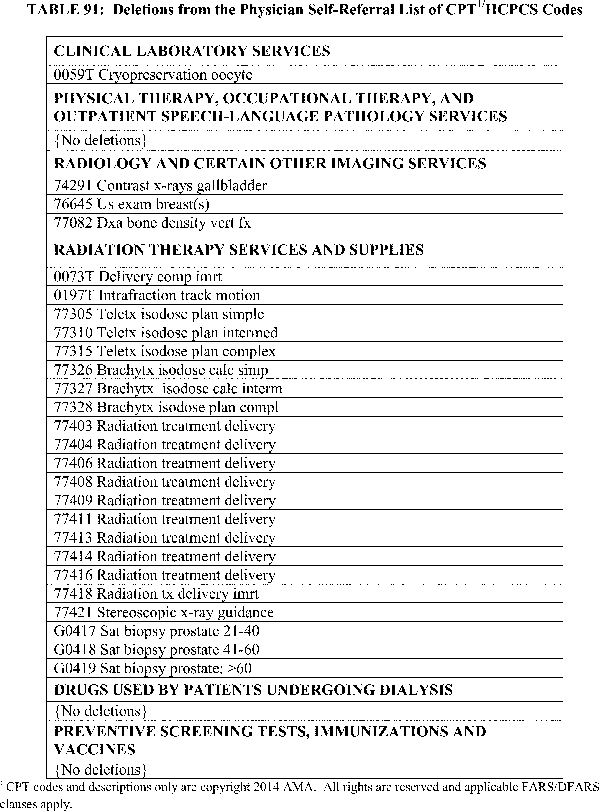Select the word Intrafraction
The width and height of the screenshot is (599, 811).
[137, 295]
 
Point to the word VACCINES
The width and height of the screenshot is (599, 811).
[94, 749]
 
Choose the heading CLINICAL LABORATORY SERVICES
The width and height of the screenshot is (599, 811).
[192, 51]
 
